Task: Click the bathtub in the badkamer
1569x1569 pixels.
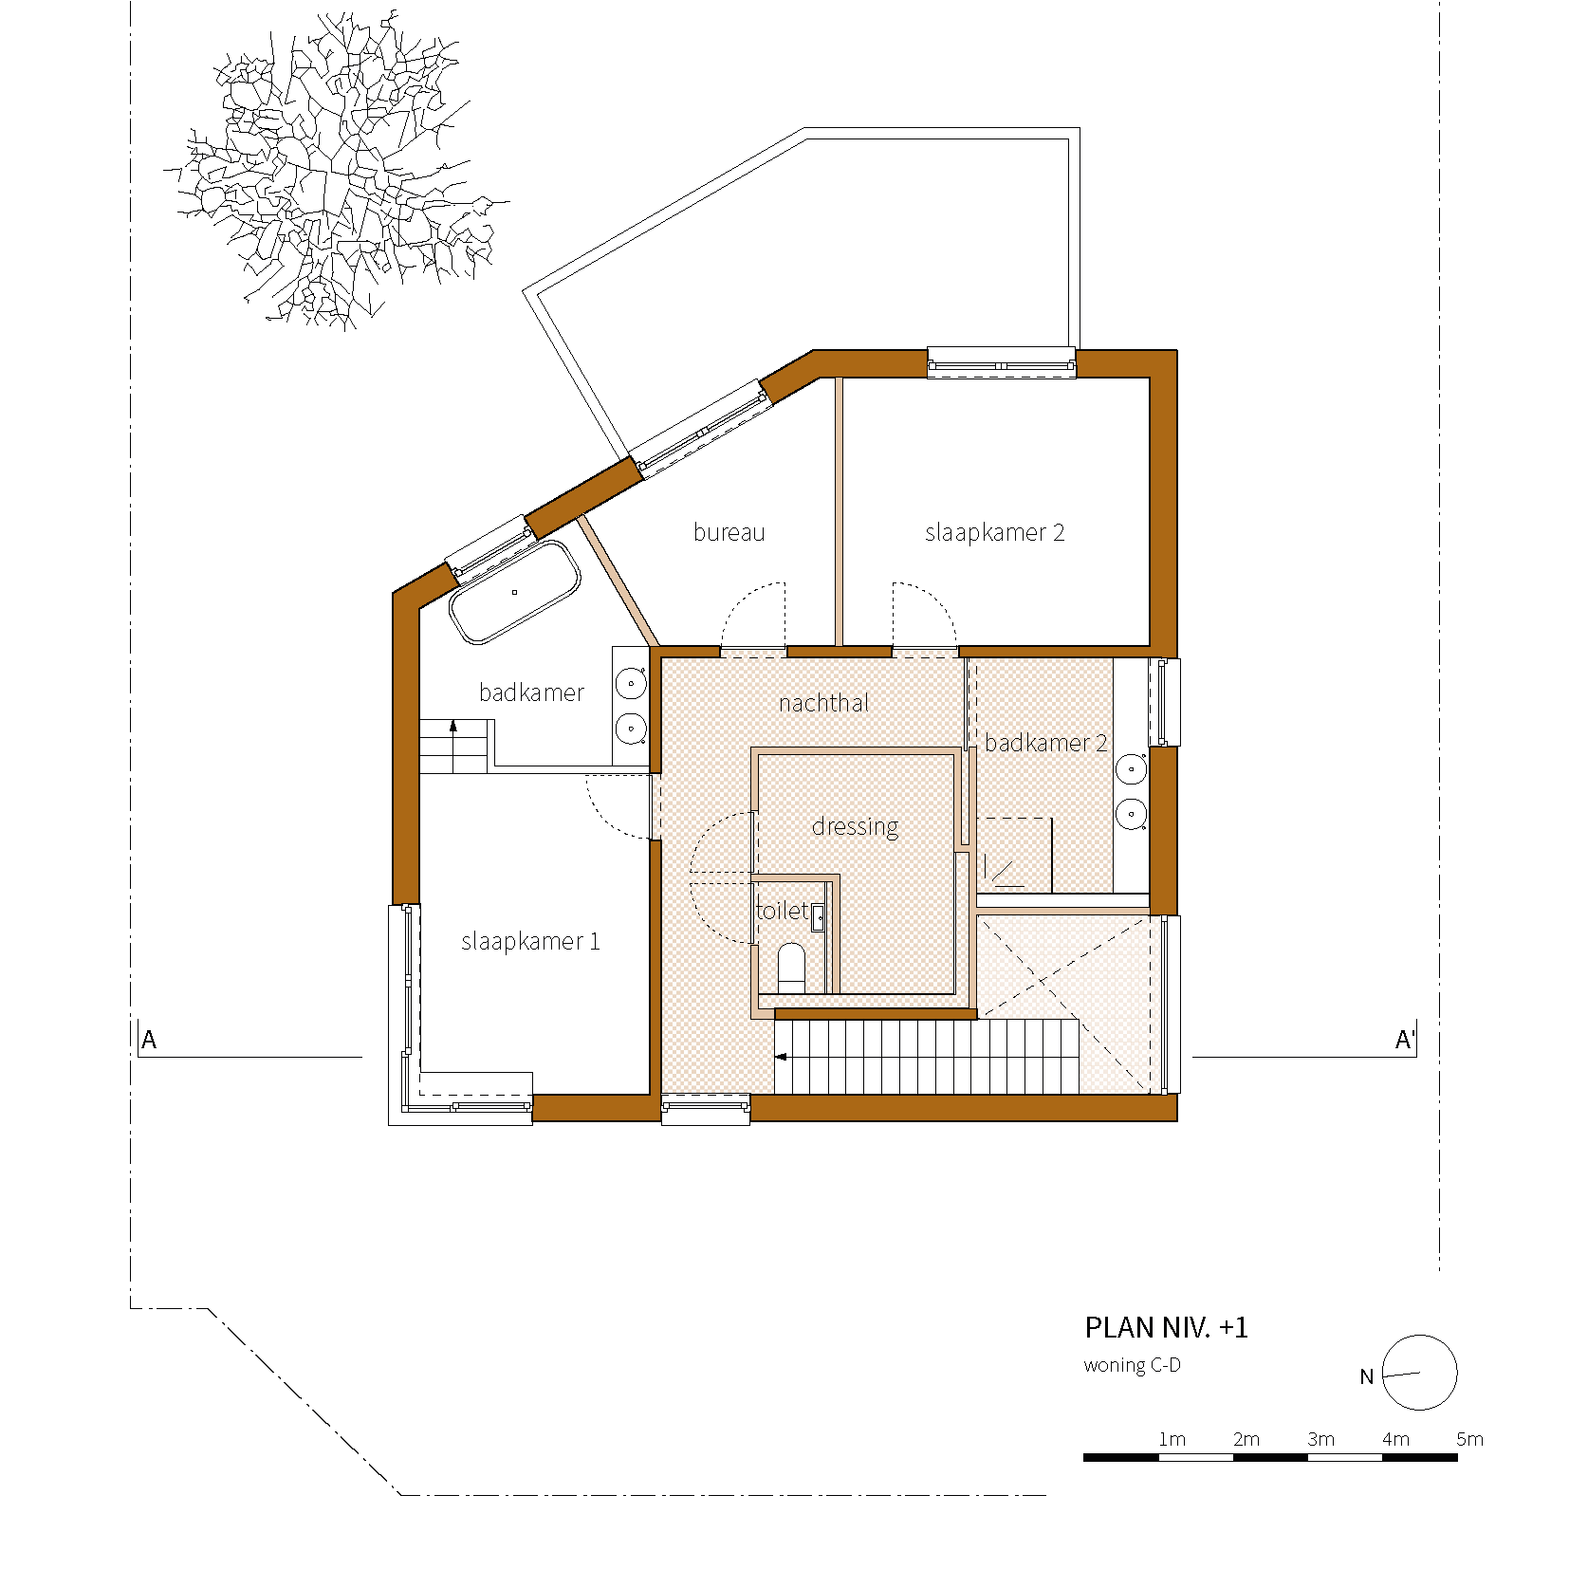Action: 514,592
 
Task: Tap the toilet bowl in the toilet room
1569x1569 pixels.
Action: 791,966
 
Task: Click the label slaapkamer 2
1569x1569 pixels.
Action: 994,532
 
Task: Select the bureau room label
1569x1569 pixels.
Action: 729,532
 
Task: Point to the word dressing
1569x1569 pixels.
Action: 855,826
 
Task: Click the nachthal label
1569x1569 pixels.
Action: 823,703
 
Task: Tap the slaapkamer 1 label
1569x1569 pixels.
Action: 530,941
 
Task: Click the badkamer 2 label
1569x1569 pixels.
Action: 1045,743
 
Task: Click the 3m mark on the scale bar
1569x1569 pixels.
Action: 1320,1439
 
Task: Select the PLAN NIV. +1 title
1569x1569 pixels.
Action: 1166,1327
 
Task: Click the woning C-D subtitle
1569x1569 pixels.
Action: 1132,1365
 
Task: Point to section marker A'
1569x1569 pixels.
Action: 1404,1040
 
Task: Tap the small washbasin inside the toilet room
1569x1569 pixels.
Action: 818,917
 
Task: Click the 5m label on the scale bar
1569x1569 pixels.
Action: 1469,1439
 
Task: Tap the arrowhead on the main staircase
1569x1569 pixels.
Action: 781,1056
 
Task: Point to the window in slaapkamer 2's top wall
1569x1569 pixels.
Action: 1001,362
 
